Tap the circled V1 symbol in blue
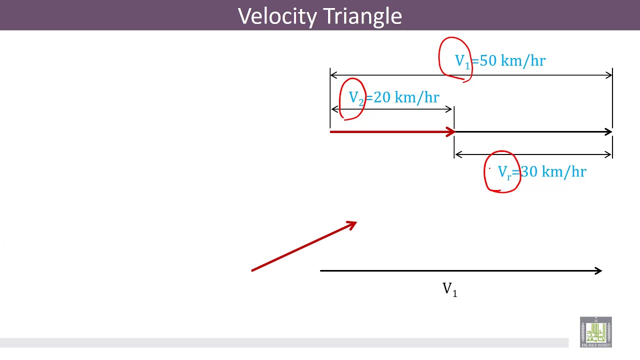[462, 61]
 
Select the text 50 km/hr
[512, 61]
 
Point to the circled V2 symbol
[356, 98]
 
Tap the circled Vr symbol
[504, 173]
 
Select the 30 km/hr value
[553, 172]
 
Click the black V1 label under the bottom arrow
[449, 289]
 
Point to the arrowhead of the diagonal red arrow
[352, 224]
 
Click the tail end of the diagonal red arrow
[252, 270]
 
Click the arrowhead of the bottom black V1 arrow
[598, 270]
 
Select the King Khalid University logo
[595, 332]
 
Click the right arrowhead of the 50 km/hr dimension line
[609, 75]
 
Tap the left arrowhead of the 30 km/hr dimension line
[457, 154]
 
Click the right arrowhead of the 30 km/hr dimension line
[609, 154]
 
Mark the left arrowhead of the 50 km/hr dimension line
[333, 75]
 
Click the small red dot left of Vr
[489, 169]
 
